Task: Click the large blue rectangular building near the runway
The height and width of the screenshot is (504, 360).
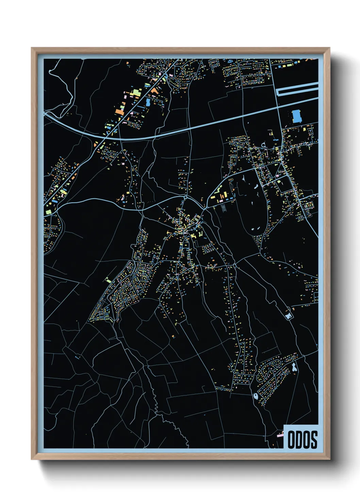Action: click(297, 116)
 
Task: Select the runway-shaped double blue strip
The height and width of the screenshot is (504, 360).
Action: click(297, 89)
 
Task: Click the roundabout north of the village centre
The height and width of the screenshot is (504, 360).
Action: click(185, 197)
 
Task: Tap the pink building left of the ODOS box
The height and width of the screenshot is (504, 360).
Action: click(280, 435)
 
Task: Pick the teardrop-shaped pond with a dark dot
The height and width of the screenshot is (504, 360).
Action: click(256, 396)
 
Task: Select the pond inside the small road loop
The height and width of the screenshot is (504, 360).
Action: click(289, 316)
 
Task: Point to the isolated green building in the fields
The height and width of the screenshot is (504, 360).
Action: click(108, 280)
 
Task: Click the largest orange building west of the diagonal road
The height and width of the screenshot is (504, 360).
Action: click(119, 111)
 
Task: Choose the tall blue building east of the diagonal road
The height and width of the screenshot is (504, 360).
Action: click(148, 102)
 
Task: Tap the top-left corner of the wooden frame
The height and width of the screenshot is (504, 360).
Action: click(32, 48)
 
